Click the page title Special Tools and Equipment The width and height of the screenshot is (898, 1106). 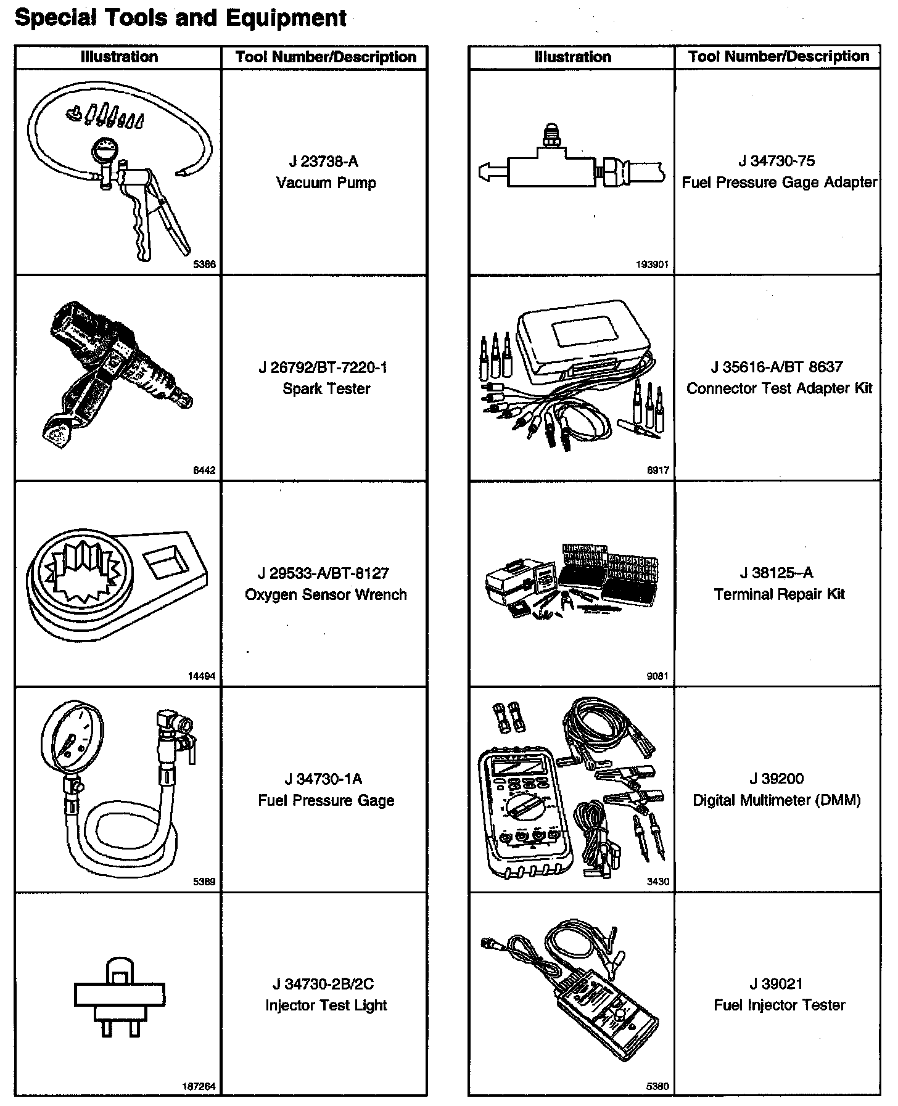(x=180, y=17)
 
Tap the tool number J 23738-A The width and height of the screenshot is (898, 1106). (x=324, y=162)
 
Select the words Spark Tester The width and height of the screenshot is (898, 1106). (x=326, y=389)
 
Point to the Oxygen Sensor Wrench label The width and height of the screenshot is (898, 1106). (x=326, y=595)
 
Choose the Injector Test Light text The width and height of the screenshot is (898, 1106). (x=326, y=1006)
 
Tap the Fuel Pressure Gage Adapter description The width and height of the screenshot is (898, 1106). (x=779, y=182)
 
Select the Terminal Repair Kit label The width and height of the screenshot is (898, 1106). (x=779, y=594)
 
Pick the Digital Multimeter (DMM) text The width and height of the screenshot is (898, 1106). (x=776, y=800)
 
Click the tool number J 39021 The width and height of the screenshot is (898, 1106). (x=776, y=984)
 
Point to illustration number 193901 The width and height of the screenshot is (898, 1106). (x=651, y=265)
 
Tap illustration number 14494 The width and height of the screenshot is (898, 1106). (x=202, y=676)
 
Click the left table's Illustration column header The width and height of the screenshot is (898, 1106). (x=119, y=57)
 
